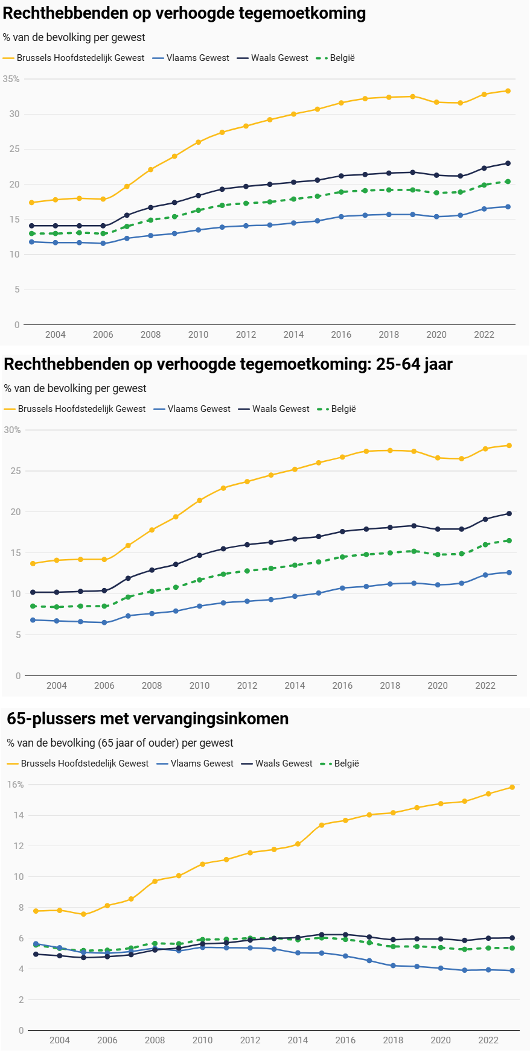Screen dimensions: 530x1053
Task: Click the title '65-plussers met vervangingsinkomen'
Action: tap(147, 719)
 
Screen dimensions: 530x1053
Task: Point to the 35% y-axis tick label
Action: tap(11, 79)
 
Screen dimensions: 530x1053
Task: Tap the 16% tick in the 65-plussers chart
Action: tap(16, 785)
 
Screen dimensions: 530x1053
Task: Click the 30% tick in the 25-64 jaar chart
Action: tap(12, 430)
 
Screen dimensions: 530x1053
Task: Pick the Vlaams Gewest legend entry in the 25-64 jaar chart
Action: tap(192, 409)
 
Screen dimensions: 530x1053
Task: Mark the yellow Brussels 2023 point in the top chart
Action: tap(508, 91)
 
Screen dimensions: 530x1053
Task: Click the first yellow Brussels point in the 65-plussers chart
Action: tap(36, 911)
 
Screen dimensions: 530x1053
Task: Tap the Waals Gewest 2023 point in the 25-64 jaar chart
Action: tap(509, 514)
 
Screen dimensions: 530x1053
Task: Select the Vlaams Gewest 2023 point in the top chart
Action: tap(508, 207)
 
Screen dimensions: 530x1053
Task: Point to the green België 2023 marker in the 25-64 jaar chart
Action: tap(509, 541)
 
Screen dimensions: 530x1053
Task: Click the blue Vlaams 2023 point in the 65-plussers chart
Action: tap(512, 971)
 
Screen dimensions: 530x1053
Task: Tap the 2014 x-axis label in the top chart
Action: tap(293, 335)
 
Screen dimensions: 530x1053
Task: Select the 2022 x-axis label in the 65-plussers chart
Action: tap(488, 1040)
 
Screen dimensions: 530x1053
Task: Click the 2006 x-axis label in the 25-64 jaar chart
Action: tap(104, 686)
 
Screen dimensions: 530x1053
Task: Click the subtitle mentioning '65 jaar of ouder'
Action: tap(120, 743)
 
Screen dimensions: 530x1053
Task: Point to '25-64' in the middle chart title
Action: tap(397, 364)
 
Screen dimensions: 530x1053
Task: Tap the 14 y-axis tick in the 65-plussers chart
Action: tap(19, 815)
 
